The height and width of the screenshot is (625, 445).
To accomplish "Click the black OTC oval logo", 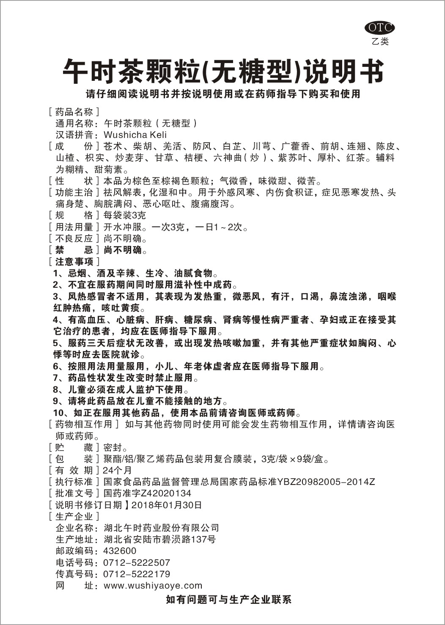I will pos(379,28).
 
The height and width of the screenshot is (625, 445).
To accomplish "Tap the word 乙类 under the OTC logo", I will pos(379,41).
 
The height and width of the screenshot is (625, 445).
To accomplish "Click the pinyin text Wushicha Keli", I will pos(135,135).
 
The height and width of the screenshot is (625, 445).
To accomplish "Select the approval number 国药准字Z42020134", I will pos(147,493).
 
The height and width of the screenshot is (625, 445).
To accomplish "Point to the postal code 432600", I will pos(120,551).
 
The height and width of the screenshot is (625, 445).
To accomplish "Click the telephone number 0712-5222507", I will pos(137,563).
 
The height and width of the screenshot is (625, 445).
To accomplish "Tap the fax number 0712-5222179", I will pos(137,574).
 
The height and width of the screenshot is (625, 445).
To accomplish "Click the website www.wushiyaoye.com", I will pos(153,586).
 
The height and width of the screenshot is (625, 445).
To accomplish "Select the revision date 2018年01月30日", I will pos(167,505).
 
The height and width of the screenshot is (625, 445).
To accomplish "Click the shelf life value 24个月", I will pos(117,470).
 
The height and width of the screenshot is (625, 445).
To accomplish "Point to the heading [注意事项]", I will pos(74,262).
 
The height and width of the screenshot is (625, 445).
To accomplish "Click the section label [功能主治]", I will pos(74,193).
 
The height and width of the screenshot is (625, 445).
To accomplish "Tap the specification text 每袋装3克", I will pos(124,215).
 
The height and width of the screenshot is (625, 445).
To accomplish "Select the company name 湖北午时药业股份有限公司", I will pos(162,528).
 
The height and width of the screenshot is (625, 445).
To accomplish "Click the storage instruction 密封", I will pos(113,447).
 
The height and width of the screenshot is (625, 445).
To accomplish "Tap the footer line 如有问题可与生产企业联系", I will pos(228,600).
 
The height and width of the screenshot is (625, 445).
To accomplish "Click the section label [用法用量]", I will pos(74,227).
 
